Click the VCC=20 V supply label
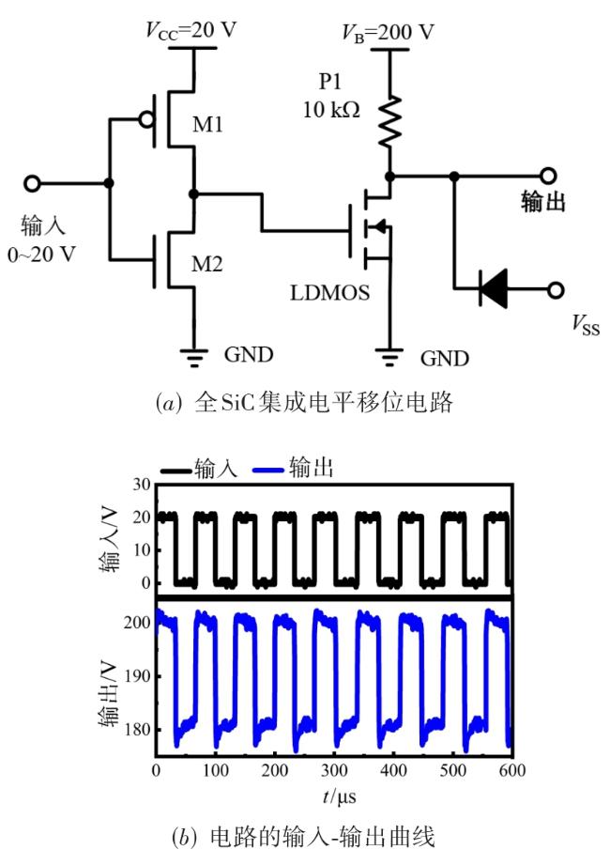pyautogui.click(x=191, y=30)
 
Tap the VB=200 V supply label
pyautogui.click(x=388, y=33)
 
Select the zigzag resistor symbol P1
pyautogui.click(x=389, y=121)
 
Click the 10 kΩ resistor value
pyautogui.click(x=331, y=109)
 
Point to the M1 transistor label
pyautogui.click(x=207, y=125)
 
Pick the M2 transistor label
pyautogui.click(x=207, y=264)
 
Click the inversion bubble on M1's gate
pyautogui.click(x=146, y=119)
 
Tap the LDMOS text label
pyautogui.click(x=330, y=292)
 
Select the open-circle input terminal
pyautogui.click(x=33, y=183)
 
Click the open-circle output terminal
pyautogui.click(x=548, y=176)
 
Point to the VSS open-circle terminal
pyautogui.click(x=556, y=289)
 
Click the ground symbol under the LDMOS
pyautogui.click(x=389, y=357)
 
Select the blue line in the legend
pyautogui.click(x=269, y=470)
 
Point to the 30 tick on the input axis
pyautogui.click(x=142, y=485)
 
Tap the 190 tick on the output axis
pyautogui.click(x=138, y=676)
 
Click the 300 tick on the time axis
pyautogui.click(x=334, y=770)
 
